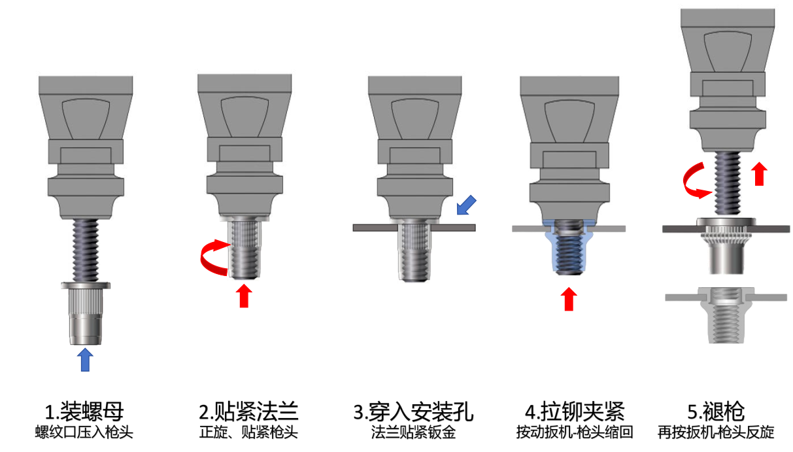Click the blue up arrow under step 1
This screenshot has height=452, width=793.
85,360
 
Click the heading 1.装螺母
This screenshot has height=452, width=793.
84,411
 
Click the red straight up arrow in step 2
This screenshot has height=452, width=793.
244,296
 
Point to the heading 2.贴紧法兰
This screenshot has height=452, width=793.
249,411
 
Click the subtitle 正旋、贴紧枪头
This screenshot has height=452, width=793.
249,432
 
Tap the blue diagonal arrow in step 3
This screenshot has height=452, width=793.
466,205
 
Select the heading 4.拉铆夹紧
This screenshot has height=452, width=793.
575,411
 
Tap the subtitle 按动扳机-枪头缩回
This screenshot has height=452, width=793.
575,432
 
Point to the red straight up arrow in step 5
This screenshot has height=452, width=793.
758,175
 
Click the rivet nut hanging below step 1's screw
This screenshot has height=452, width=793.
85,314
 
